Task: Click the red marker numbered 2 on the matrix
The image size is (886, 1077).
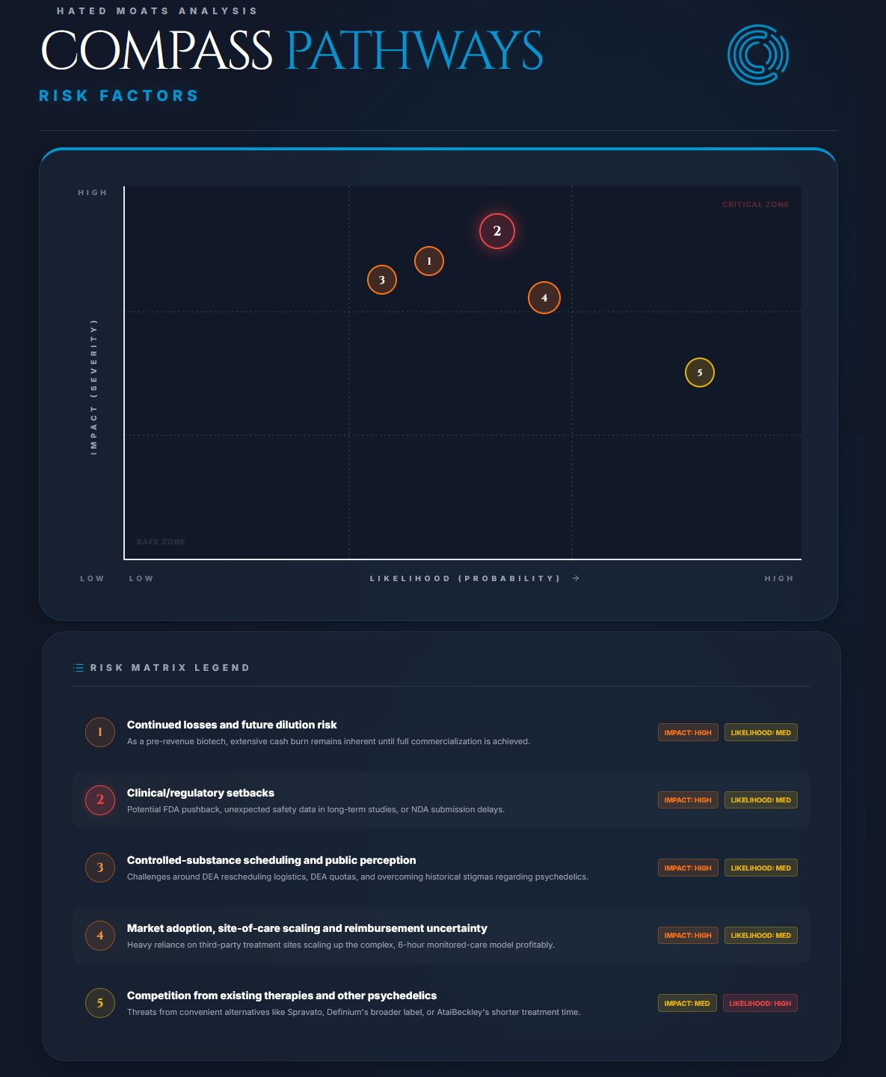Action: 497,231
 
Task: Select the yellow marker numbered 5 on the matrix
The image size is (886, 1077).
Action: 699,372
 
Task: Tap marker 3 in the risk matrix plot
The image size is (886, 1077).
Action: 381,280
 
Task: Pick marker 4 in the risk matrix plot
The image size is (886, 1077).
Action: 544,298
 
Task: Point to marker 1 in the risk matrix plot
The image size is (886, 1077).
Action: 428,261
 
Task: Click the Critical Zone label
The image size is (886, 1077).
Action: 755,204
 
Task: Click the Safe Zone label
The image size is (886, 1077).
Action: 160,541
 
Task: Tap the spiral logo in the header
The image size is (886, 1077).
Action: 758,55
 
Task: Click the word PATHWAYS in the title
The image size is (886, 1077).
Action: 413,50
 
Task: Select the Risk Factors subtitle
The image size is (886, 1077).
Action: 118,96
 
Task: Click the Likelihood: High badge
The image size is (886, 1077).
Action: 760,1003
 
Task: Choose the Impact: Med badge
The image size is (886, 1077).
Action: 687,1003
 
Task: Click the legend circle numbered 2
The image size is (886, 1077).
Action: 100,800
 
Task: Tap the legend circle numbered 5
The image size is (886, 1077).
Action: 100,1003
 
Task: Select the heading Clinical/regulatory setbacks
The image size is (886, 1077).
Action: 200,793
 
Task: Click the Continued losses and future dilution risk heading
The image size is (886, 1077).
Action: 232,725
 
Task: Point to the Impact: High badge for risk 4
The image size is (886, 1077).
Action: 688,935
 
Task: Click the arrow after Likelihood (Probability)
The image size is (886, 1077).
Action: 576,578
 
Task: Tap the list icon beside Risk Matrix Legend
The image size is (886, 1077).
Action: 78,667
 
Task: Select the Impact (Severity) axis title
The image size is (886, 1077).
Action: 93,387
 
